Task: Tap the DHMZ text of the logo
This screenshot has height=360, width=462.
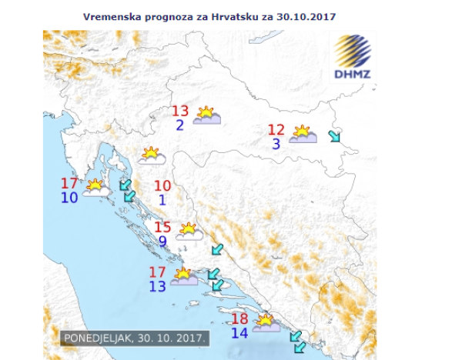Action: click(x=353, y=75)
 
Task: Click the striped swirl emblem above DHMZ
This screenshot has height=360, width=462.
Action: click(x=353, y=51)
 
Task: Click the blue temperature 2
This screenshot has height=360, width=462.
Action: click(x=179, y=125)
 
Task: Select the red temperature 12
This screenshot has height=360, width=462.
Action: click(x=276, y=130)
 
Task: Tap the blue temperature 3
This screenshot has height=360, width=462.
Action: click(x=276, y=144)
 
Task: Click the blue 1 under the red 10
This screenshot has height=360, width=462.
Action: click(x=162, y=200)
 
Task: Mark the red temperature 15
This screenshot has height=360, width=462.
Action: click(x=162, y=228)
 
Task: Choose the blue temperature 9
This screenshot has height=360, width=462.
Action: click(x=162, y=242)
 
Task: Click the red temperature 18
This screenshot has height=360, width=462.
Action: click(x=239, y=319)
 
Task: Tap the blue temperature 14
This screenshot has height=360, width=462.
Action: click(x=239, y=333)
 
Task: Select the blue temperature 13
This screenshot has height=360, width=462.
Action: click(x=157, y=286)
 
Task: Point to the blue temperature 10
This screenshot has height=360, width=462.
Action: click(x=69, y=198)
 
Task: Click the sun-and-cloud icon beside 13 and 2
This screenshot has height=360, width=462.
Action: click(x=206, y=116)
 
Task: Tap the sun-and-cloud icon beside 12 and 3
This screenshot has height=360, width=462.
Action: click(x=303, y=135)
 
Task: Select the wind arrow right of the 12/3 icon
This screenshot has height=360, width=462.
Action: click(x=333, y=137)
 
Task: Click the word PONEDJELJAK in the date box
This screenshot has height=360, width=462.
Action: click(x=98, y=338)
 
